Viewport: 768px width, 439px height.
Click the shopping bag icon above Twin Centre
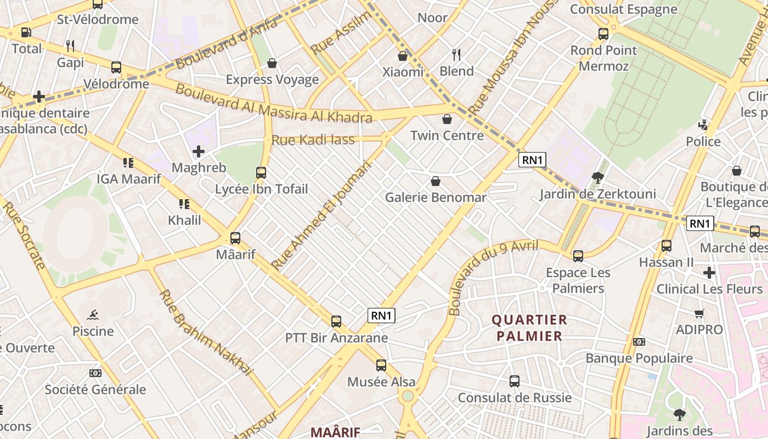coord(447,119)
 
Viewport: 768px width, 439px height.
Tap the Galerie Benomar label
coord(436,198)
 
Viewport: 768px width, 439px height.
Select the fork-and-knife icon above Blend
coord(456,54)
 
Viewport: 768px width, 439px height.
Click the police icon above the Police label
coord(703,125)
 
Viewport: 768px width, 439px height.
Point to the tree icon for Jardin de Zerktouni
coord(597,178)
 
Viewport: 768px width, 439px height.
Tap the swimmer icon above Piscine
coord(93,315)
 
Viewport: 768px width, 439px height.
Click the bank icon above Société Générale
coord(95,373)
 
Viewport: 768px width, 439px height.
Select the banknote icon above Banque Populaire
coord(639,342)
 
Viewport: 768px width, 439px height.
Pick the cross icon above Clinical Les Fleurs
coord(709,272)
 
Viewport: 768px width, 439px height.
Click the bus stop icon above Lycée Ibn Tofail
coord(261,173)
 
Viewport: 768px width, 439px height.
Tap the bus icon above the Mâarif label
coord(235,238)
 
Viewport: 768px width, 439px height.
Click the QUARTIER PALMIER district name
coord(529,328)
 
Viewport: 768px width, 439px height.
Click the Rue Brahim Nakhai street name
coord(206,331)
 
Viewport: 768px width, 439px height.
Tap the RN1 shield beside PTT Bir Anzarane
coord(381,316)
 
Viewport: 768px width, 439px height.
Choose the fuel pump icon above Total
coord(26,32)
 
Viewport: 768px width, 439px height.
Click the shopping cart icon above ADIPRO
coord(699,313)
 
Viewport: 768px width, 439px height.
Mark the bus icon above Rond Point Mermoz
coord(603,34)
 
